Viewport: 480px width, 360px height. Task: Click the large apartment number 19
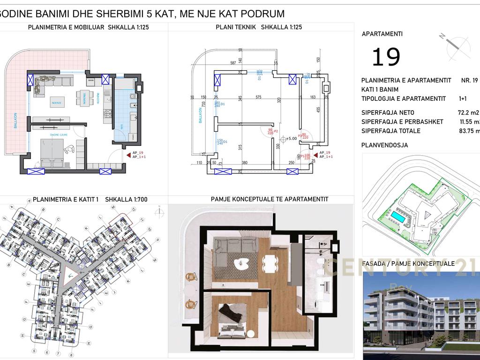386,57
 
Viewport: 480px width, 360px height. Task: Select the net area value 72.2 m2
468,112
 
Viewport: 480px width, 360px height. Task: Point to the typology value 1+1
463,98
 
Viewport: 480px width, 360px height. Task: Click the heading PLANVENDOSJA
384,145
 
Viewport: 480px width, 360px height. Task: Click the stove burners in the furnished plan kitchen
107,114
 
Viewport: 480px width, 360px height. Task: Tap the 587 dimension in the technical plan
232,62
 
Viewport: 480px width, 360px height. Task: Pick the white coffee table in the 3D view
242,263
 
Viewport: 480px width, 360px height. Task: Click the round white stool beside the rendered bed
251,334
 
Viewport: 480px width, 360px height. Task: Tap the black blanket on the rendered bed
231,311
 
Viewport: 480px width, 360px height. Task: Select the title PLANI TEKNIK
236,27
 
